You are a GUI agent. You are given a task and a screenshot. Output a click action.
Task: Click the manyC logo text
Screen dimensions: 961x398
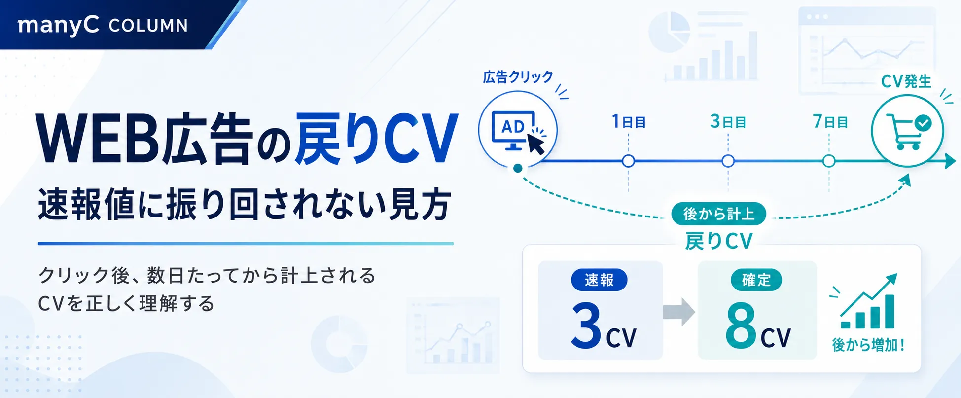click(x=58, y=25)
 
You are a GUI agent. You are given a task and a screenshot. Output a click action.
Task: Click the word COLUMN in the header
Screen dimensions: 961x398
click(x=148, y=26)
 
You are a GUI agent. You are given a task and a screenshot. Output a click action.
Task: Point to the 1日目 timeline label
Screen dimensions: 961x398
click(x=629, y=121)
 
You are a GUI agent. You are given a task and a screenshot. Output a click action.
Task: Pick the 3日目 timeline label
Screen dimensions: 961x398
click(x=728, y=121)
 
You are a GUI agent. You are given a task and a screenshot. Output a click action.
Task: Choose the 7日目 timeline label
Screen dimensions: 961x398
click(x=830, y=121)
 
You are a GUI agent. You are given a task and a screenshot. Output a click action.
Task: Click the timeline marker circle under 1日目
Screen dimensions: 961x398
click(x=628, y=161)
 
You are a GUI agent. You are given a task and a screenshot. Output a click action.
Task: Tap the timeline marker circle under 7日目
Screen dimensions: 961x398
click(x=829, y=161)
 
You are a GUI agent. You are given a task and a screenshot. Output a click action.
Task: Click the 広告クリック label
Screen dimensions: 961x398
click(x=518, y=77)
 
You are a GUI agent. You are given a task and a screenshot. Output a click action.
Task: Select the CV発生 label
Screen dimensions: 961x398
click(x=906, y=81)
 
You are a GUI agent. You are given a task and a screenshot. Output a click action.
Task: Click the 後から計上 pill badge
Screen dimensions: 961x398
click(x=718, y=214)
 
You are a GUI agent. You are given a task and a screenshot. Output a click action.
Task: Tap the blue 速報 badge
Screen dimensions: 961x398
click(x=599, y=280)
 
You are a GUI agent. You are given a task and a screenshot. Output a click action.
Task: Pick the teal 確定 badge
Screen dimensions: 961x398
click(x=756, y=280)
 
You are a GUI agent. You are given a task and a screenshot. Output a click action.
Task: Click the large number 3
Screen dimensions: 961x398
click(x=586, y=325)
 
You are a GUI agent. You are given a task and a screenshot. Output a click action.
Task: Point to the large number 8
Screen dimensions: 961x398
click(x=741, y=325)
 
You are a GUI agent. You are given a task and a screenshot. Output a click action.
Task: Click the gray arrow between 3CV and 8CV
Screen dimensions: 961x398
click(x=679, y=312)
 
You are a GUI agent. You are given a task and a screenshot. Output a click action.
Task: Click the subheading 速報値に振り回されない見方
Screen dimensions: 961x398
click(x=245, y=204)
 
